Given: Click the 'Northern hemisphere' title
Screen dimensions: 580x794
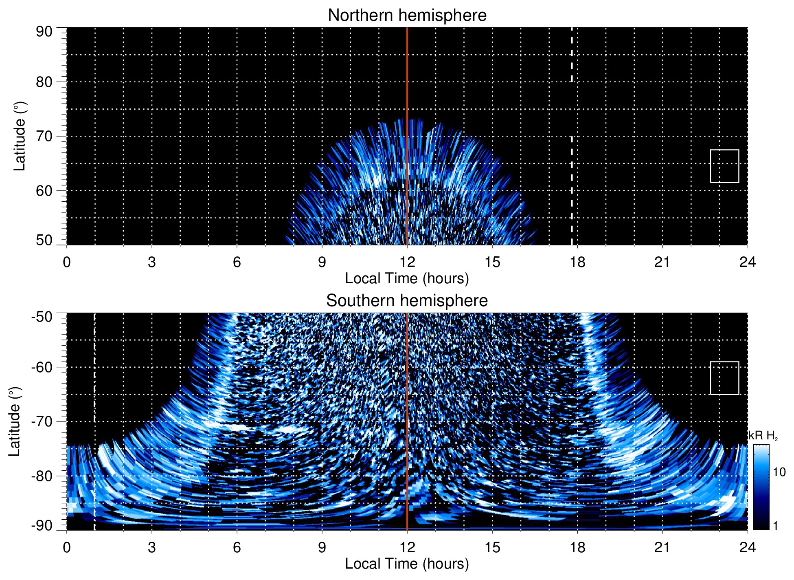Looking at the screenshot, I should pos(407,15).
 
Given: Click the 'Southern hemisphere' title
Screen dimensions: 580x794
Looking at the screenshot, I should pos(407,301).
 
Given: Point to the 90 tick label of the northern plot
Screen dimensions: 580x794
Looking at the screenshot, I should pos(44,32).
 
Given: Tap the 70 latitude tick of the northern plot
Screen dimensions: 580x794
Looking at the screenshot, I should pos(44,136).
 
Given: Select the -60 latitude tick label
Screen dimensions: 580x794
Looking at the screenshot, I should pos(42,367).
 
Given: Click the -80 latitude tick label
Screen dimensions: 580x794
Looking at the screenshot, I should pos(42,476).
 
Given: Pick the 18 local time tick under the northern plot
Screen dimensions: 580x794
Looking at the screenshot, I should pos(577,262).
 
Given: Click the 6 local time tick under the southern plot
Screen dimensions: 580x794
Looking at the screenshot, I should pos(237,547).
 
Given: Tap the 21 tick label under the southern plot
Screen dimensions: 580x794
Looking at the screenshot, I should pos(662,547).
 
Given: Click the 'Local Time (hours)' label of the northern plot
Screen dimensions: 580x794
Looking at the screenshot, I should pos(407,279).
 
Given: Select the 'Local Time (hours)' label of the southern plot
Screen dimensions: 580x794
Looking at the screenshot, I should pos(407,564).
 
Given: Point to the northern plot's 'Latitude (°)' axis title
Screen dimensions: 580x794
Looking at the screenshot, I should pos(20,136).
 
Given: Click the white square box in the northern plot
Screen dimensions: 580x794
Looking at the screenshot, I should pos(724,166).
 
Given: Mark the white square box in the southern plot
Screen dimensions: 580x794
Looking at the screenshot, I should pos(724,378).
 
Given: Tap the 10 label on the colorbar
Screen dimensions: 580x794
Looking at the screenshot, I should pos(779,472).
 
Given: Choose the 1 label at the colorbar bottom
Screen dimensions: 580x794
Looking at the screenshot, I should pos(775,526).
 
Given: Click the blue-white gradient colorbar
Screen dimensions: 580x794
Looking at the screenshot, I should pos(761,487).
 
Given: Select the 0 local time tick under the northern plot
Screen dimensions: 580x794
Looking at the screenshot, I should pos(67,262).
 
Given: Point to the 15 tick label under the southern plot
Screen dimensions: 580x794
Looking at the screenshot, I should pos(492,547).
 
